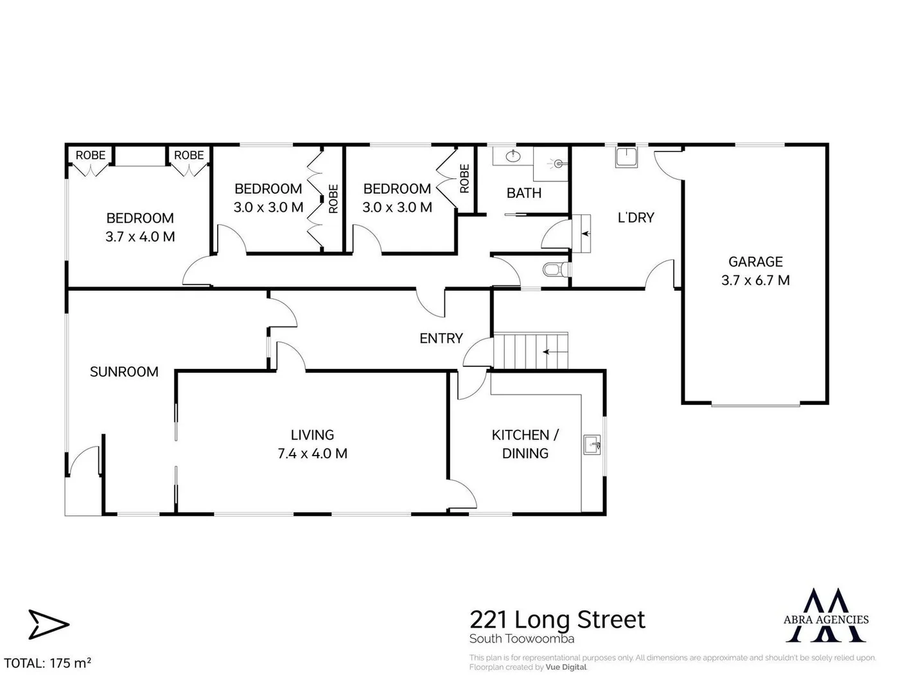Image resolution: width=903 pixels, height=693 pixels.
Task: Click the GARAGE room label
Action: (755, 270)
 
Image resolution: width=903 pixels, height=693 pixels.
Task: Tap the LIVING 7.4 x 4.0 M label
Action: (312, 444)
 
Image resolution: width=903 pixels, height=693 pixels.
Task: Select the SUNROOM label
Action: (124, 372)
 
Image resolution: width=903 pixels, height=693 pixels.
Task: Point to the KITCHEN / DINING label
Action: (525, 444)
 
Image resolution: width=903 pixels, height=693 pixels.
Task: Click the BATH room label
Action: (523, 193)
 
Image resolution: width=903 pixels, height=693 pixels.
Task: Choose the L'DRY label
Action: (635, 218)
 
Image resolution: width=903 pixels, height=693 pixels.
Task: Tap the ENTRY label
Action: (441, 338)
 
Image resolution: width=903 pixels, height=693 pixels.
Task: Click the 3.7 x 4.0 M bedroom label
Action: (140, 227)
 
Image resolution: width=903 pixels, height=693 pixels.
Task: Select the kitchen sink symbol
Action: (592, 443)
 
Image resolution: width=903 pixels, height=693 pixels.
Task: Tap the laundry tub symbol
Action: (626, 157)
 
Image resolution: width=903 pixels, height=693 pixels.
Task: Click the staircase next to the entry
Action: (530, 351)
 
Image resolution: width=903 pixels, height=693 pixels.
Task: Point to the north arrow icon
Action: (48, 624)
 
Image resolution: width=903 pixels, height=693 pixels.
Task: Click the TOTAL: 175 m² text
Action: (48, 663)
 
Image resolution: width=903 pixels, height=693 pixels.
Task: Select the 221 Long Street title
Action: (557, 620)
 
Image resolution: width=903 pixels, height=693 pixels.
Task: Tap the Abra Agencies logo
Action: (826, 615)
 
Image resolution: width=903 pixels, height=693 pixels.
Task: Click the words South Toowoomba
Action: (522, 639)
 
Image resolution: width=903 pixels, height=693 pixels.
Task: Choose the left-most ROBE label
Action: (91, 155)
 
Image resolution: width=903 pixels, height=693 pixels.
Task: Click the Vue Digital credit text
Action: (566, 667)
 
